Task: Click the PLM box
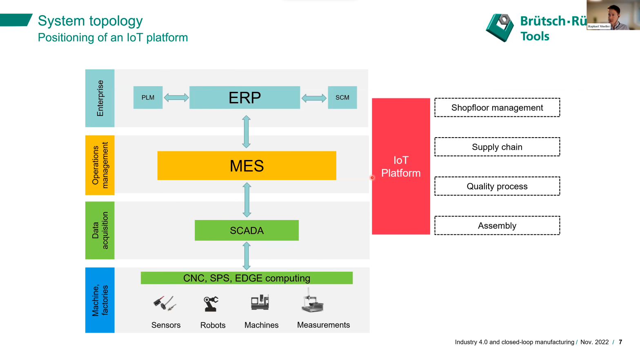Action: pyautogui.click(x=148, y=98)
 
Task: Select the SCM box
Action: pyautogui.click(x=342, y=98)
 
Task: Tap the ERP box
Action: pyautogui.click(x=244, y=98)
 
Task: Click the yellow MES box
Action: pyautogui.click(x=247, y=166)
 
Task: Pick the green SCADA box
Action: pyautogui.click(x=247, y=231)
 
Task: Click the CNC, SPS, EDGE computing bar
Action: pyautogui.click(x=247, y=278)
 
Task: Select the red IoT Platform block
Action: pyautogui.click(x=401, y=167)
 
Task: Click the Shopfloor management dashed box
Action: pyautogui.click(x=497, y=108)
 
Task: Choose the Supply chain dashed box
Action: pyautogui.click(x=497, y=147)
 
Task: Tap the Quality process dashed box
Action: pyautogui.click(x=497, y=187)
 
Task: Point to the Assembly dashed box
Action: pyautogui.click(x=497, y=226)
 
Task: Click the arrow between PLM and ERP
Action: pyautogui.click(x=176, y=98)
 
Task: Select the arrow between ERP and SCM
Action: pyautogui.click(x=314, y=98)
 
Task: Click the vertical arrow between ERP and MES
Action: pyautogui.click(x=246, y=131)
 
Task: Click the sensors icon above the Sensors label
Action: pyautogui.click(x=165, y=303)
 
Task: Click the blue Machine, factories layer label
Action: pyautogui.click(x=100, y=300)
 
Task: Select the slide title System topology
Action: pyautogui.click(x=90, y=21)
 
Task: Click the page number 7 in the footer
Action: pyautogui.click(x=620, y=342)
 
